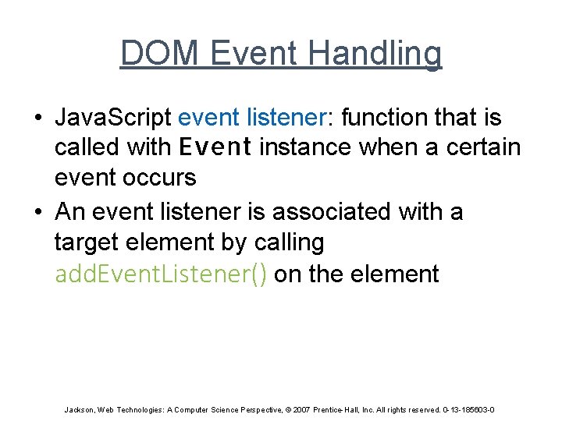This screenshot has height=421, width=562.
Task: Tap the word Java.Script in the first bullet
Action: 112,118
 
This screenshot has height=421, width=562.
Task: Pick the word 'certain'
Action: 483,147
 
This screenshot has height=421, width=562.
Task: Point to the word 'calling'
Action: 289,242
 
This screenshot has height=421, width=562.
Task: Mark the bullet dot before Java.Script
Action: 37,119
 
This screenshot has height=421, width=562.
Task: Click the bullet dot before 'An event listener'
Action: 37,212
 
